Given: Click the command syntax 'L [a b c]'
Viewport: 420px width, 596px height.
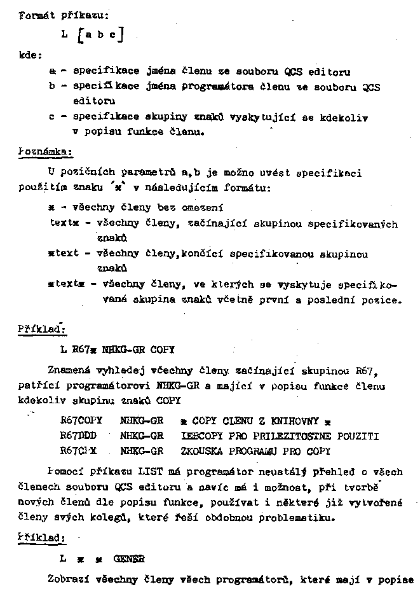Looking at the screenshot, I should pyautogui.click(x=92, y=36).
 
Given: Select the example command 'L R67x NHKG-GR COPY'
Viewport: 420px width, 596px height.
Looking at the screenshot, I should pyautogui.click(x=118, y=350).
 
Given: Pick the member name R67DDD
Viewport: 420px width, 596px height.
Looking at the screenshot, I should pyautogui.click(x=78, y=436).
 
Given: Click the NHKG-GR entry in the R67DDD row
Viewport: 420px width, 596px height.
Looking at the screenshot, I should pyautogui.click(x=142, y=436).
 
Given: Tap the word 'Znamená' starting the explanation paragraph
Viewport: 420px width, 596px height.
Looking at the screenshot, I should pyautogui.click(x=69, y=371).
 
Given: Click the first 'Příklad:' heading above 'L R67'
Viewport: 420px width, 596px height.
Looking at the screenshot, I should pyautogui.click(x=42, y=329).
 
